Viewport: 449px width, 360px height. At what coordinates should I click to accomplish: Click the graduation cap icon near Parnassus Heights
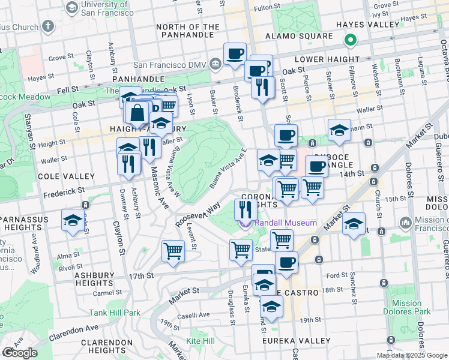coord(73,220)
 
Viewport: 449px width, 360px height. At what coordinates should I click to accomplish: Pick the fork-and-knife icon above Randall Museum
coord(245,209)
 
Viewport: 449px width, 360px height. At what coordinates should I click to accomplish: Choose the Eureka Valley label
coord(297,341)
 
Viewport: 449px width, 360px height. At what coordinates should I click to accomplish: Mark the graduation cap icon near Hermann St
coord(339,130)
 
